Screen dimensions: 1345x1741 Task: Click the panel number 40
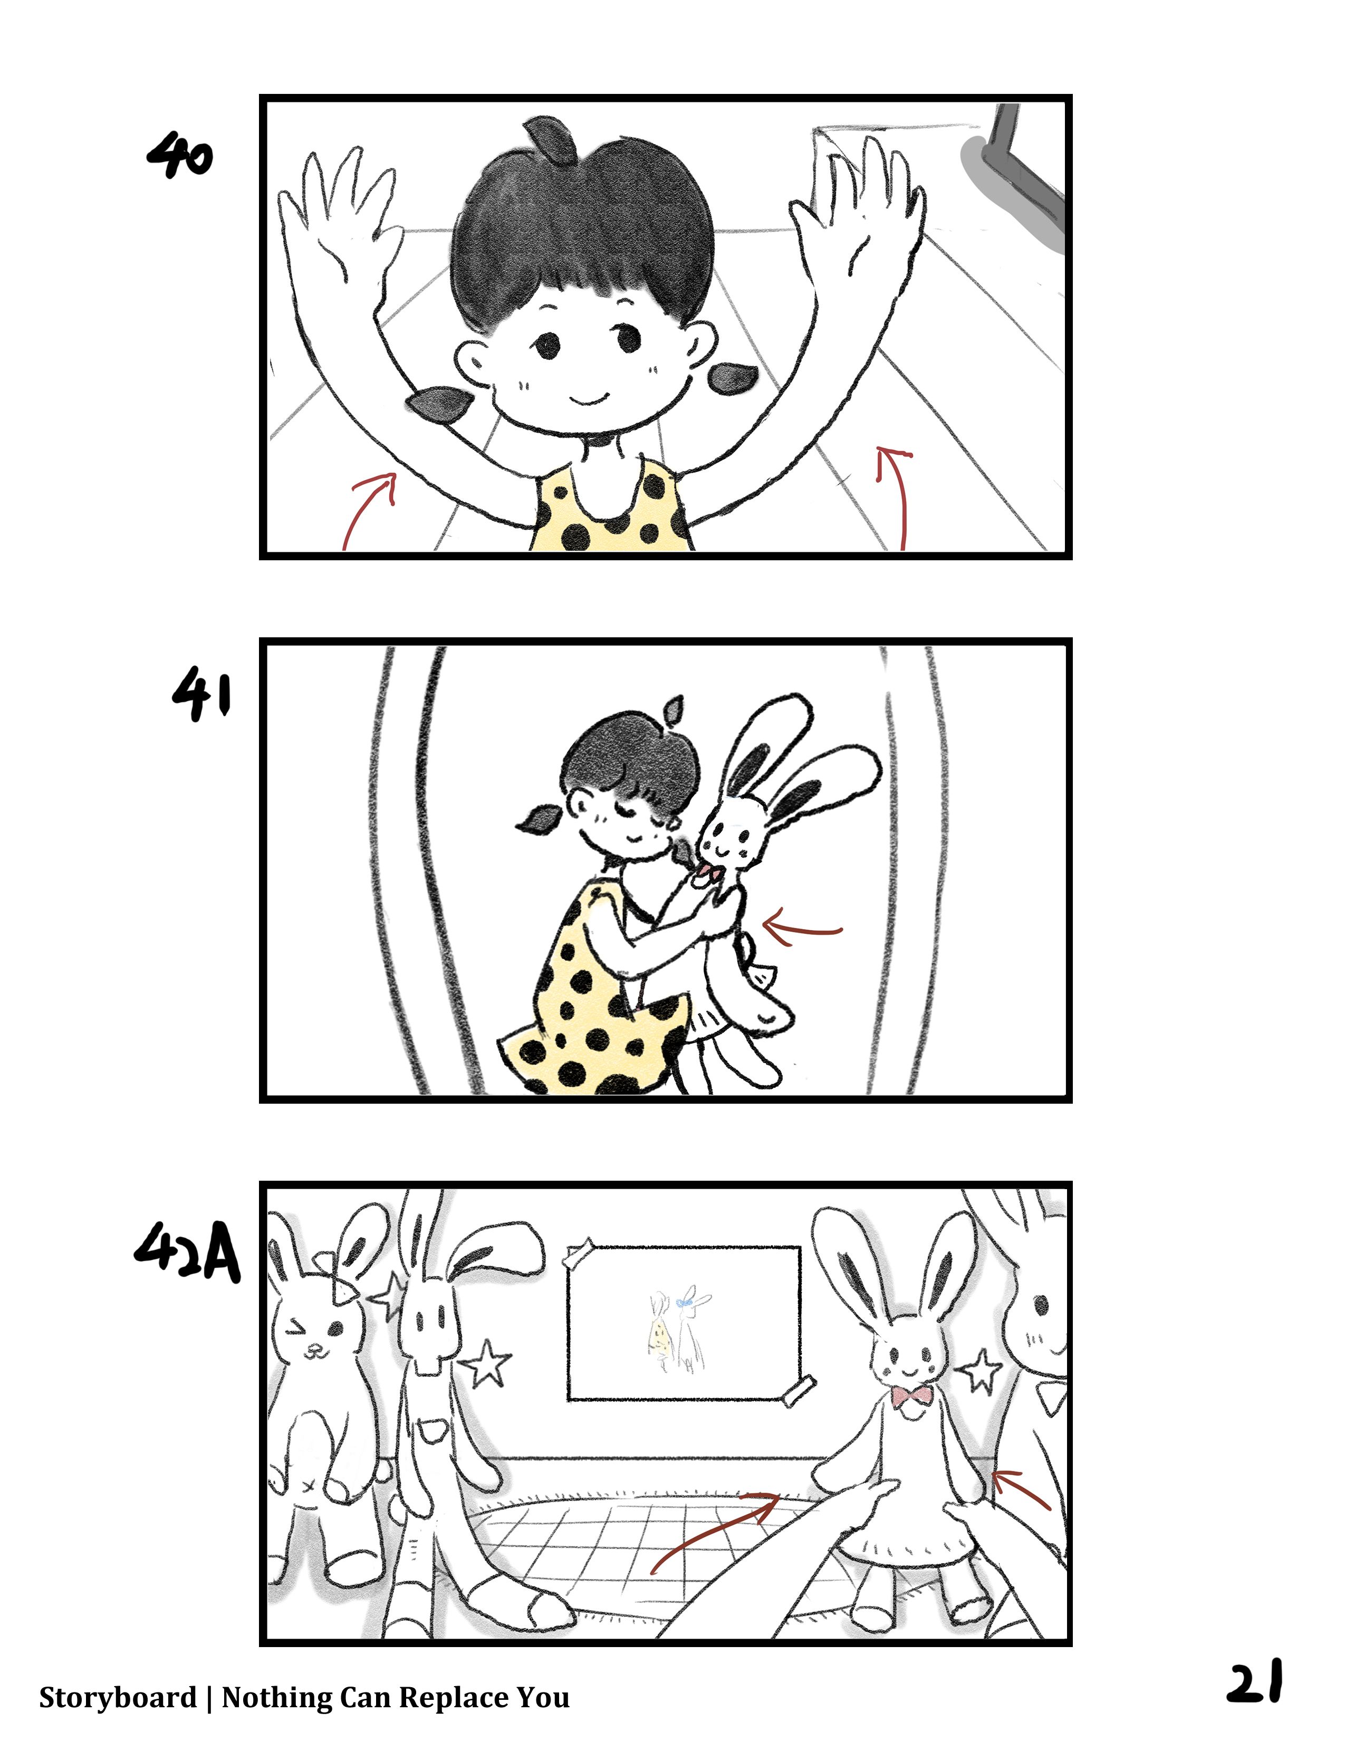[180, 156]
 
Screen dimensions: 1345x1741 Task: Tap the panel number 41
[201, 694]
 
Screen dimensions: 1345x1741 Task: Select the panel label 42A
[187, 1252]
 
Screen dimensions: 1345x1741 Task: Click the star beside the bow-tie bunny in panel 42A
[979, 1370]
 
